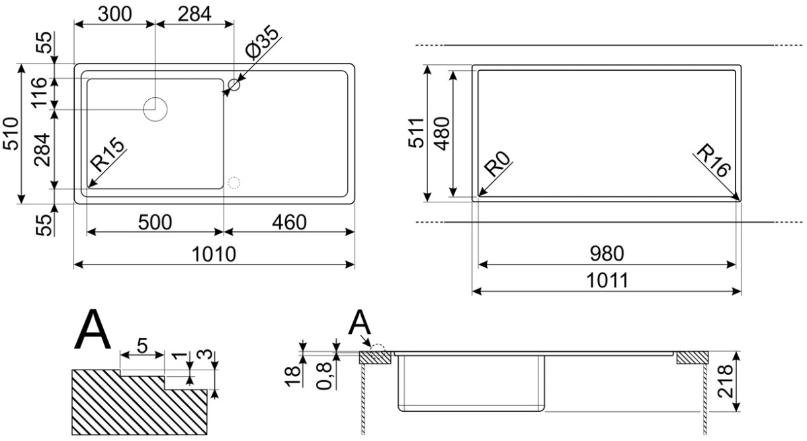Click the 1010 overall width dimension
click(x=214, y=254)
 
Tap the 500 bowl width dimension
click(x=155, y=222)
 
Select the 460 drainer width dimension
click(x=289, y=222)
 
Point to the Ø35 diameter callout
click(x=262, y=42)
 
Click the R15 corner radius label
click(x=107, y=155)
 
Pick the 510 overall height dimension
click(x=11, y=134)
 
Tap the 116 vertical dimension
click(x=39, y=93)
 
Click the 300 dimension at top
click(x=115, y=15)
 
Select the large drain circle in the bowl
click(x=155, y=109)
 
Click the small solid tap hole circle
click(x=234, y=85)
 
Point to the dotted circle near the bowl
click(x=234, y=183)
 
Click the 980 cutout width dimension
click(x=607, y=253)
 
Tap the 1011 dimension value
click(x=607, y=280)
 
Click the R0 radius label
click(x=497, y=163)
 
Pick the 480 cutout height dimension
click(x=442, y=134)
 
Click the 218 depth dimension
click(x=725, y=381)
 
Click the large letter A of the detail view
click(x=92, y=329)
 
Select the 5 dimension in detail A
click(x=142, y=346)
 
